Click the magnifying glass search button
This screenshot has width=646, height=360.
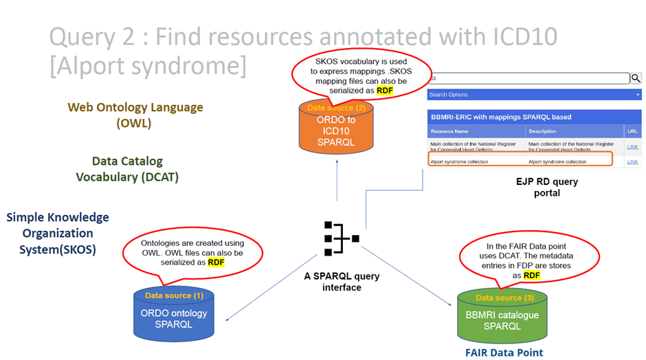click(636, 78)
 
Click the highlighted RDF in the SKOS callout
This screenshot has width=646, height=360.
click(386, 90)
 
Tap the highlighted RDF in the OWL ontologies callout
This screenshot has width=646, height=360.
click(216, 262)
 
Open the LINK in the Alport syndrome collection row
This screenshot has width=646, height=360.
click(632, 162)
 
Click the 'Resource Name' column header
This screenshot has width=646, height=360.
click(449, 131)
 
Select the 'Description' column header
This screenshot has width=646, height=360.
click(542, 131)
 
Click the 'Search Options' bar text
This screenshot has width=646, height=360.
click(448, 95)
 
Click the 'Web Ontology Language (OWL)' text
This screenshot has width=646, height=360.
click(135, 115)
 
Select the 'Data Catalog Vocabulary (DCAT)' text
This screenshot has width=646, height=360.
click(127, 169)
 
